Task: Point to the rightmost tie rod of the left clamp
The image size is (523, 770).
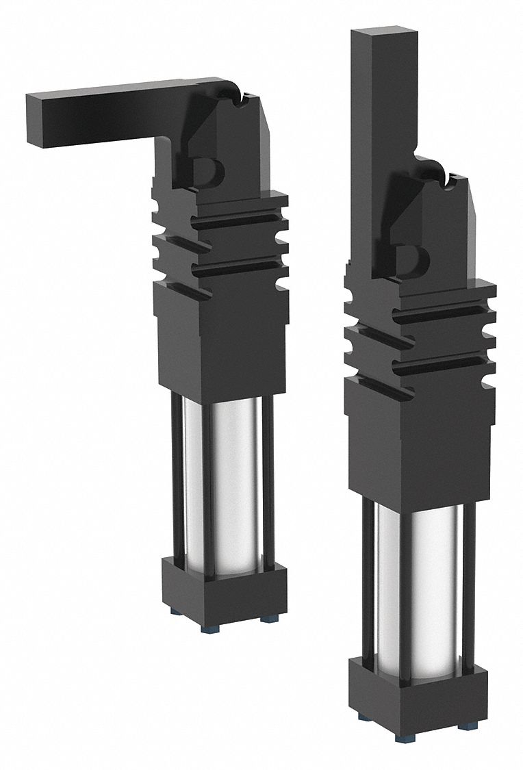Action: click(269, 479)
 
